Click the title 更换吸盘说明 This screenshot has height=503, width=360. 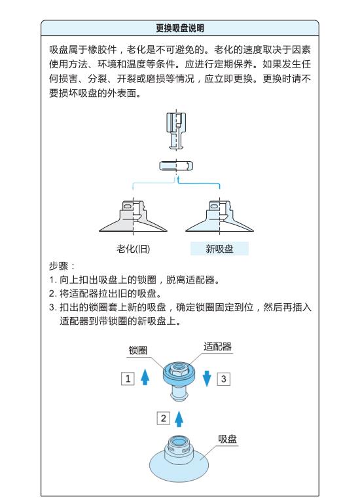click(x=180, y=28)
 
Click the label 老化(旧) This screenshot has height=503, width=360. click(x=133, y=249)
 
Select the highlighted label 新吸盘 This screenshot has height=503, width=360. click(x=219, y=249)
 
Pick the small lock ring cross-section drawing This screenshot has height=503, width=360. click(x=176, y=166)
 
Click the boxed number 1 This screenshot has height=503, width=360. click(x=128, y=379)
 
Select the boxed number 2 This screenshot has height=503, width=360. click(x=163, y=418)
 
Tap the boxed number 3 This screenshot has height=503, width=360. click(x=223, y=379)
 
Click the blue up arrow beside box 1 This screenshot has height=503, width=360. click(x=145, y=377)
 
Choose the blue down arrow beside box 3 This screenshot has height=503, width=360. click(x=207, y=378)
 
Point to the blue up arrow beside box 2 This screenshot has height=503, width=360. click(x=179, y=419)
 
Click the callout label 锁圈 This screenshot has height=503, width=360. click(x=138, y=350)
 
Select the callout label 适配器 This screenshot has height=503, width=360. click(x=218, y=346)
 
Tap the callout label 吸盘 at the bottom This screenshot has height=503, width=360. click(x=227, y=439)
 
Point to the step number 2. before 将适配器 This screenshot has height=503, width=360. click(x=52, y=293)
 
